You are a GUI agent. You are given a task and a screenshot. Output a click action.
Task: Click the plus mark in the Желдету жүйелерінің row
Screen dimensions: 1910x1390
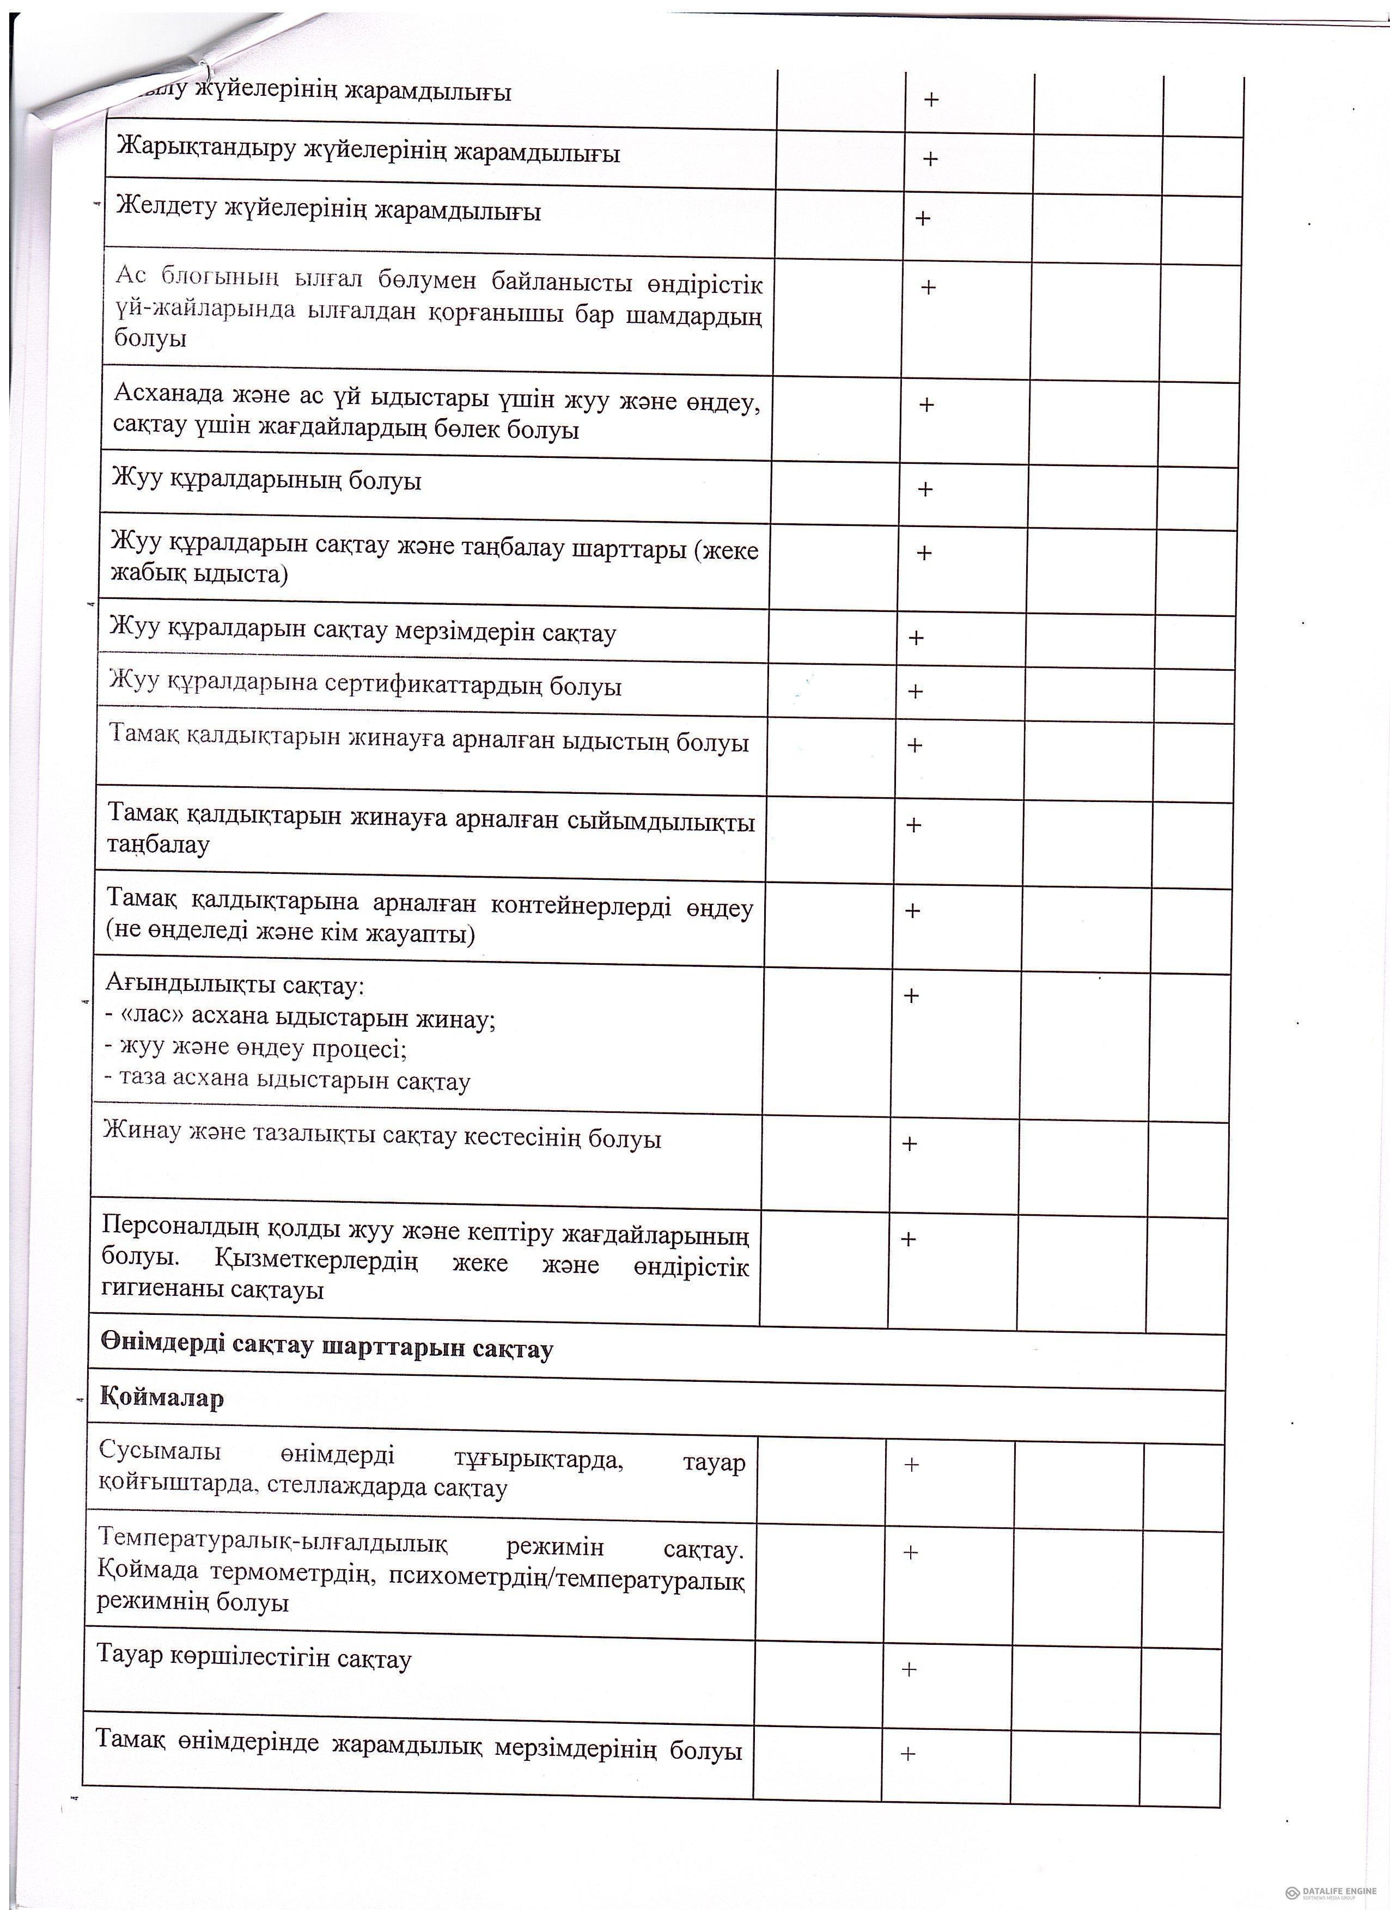pyautogui.click(x=923, y=218)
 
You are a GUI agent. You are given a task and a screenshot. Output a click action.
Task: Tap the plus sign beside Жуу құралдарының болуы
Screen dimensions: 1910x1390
pyautogui.click(x=925, y=489)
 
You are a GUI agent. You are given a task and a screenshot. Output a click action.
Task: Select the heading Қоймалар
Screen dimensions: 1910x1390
pyautogui.click(x=162, y=1399)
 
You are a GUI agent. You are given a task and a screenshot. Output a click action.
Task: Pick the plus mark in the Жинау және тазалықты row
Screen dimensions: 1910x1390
pyautogui.click(x=910, y=1143)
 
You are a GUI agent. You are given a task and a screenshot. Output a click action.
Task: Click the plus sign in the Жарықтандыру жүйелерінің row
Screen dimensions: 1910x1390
pyautogui.click(x=930, y=159)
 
